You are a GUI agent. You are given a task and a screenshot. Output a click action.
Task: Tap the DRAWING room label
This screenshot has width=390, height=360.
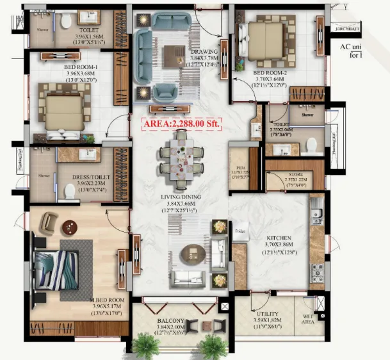click(x=204, y=51)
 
